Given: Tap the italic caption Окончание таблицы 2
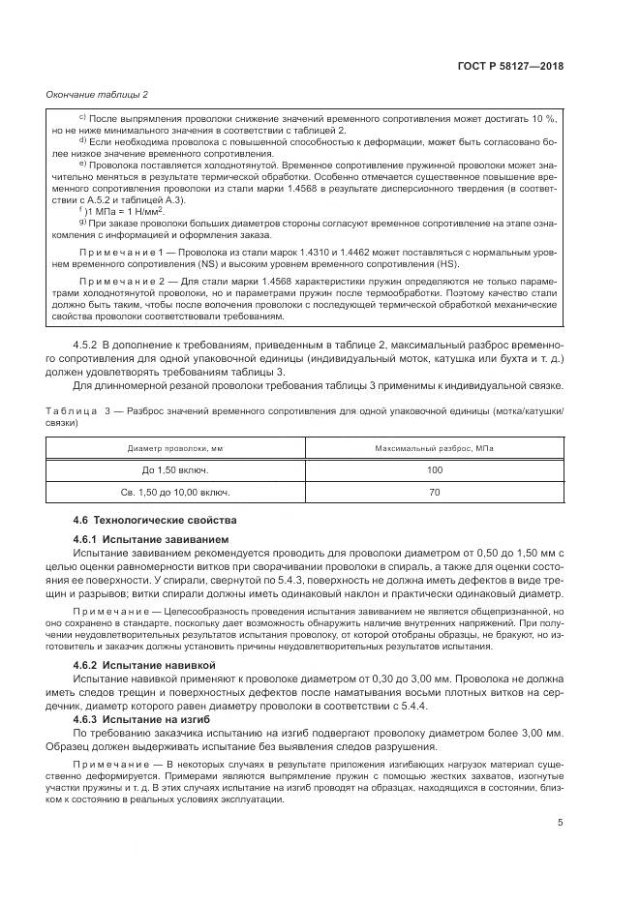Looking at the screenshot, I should [x=97, y=94].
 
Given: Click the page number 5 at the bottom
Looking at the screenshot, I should [x=561, y=823].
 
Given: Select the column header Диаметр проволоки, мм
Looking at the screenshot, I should [x=176, y=448].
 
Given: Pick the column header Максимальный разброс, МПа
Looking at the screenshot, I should [x=434, y=448].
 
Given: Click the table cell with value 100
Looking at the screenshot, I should [x=434, y=470].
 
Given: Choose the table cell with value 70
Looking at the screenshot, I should [x=434, y=493].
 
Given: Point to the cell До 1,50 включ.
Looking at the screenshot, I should [x=176, y=470].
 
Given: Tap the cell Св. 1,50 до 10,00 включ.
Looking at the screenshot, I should [x=176, y=493].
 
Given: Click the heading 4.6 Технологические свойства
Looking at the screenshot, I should [x=154, y=520].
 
